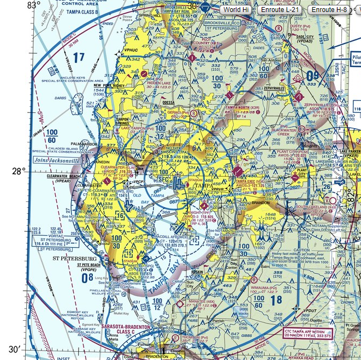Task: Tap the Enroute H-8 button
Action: (329, 10)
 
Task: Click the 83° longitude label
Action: (34, 5)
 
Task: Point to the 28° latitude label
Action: (19, 171)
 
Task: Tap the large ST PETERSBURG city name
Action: (75, 258)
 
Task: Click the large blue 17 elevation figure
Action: (80, 57)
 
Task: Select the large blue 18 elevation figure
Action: (275, 299)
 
